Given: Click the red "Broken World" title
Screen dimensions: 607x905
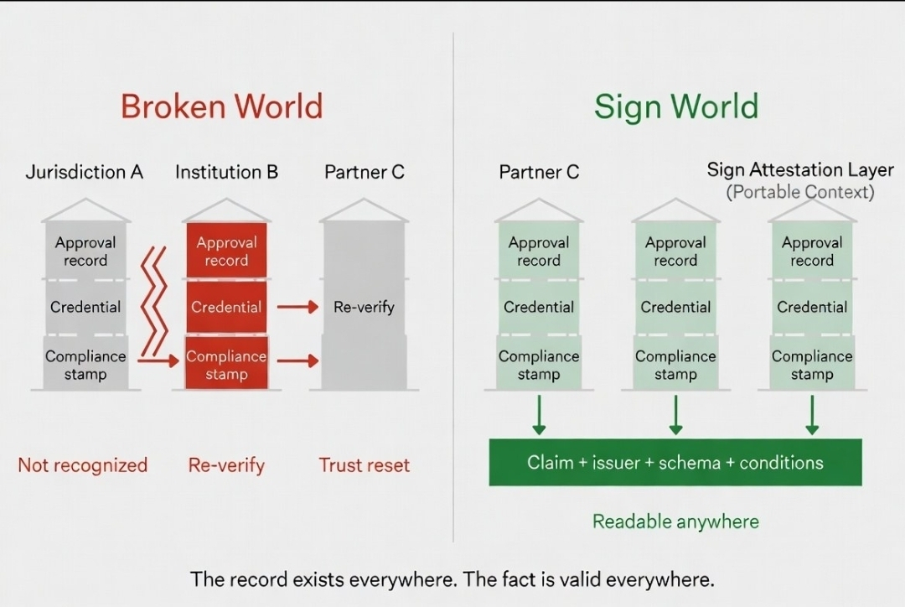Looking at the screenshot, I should click(221, 107).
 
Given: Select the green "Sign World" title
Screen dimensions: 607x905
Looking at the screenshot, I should click(675, 107).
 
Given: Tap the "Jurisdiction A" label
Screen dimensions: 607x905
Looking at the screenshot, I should click(85, 173).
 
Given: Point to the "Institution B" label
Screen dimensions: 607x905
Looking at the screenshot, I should click(226, 173).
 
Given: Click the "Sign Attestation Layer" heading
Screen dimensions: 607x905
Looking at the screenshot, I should click(800, 170).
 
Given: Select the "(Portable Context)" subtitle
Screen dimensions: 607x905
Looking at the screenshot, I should click(800, 192).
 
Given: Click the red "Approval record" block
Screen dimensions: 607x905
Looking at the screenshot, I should click(226, 251).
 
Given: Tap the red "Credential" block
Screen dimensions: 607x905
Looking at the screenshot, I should click(226, 307).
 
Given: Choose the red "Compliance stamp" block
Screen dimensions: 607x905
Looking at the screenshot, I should click(226, 365).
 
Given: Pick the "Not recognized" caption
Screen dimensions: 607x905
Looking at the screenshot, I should click(82, 465).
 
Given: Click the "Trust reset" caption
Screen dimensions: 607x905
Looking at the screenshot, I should click(365, 465).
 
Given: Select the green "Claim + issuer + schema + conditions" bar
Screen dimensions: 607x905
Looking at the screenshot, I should click(675, 462).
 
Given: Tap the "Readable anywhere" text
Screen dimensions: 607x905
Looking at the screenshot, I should click(675, 521).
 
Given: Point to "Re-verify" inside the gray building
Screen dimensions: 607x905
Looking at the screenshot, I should click(364, 307).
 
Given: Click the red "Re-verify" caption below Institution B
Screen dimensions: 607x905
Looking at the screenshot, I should click(226, 465).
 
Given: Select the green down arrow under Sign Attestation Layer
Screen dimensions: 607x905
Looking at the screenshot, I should click(812, 415).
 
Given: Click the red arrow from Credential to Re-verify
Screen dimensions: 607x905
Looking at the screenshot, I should click(297, 307).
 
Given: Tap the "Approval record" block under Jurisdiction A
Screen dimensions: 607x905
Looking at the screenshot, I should click(85, 251).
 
